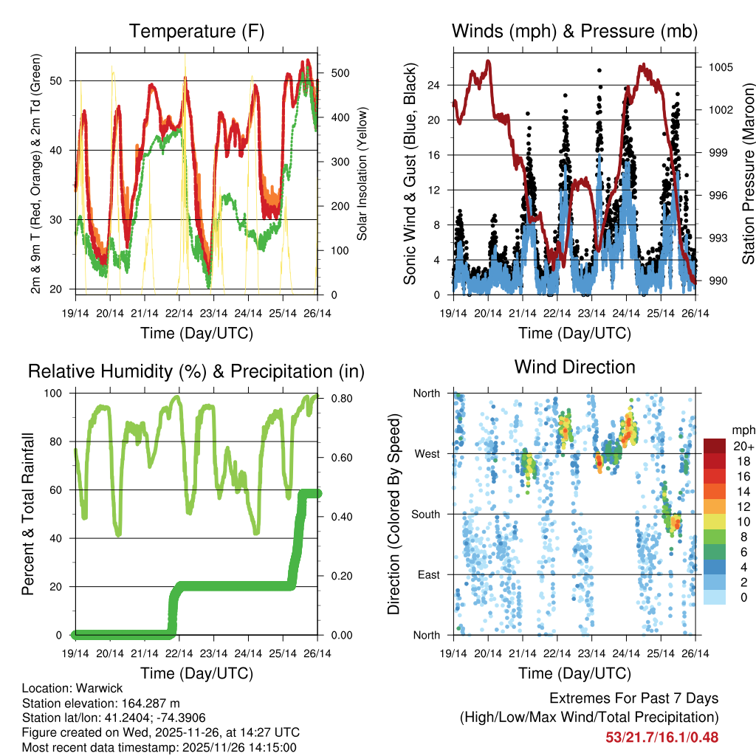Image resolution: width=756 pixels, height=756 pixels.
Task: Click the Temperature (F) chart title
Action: (196, 32)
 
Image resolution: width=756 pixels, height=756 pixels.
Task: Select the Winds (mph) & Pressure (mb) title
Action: (574, 32)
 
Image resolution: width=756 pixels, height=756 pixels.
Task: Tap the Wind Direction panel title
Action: (574, 367)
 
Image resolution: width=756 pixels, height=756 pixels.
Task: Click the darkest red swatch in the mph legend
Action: (715, 446)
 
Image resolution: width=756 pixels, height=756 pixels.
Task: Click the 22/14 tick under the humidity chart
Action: (179, 653)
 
